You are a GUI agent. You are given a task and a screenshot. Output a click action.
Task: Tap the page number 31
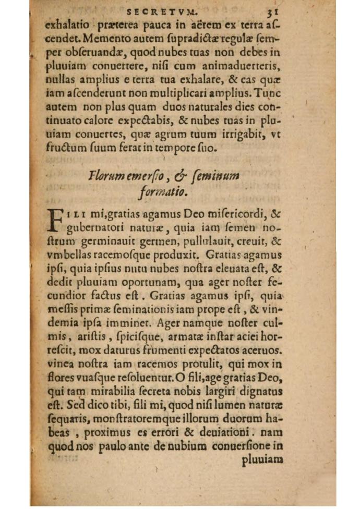[x=274, y=9]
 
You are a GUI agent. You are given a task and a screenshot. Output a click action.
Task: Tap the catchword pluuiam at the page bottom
[x=263, y=460]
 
